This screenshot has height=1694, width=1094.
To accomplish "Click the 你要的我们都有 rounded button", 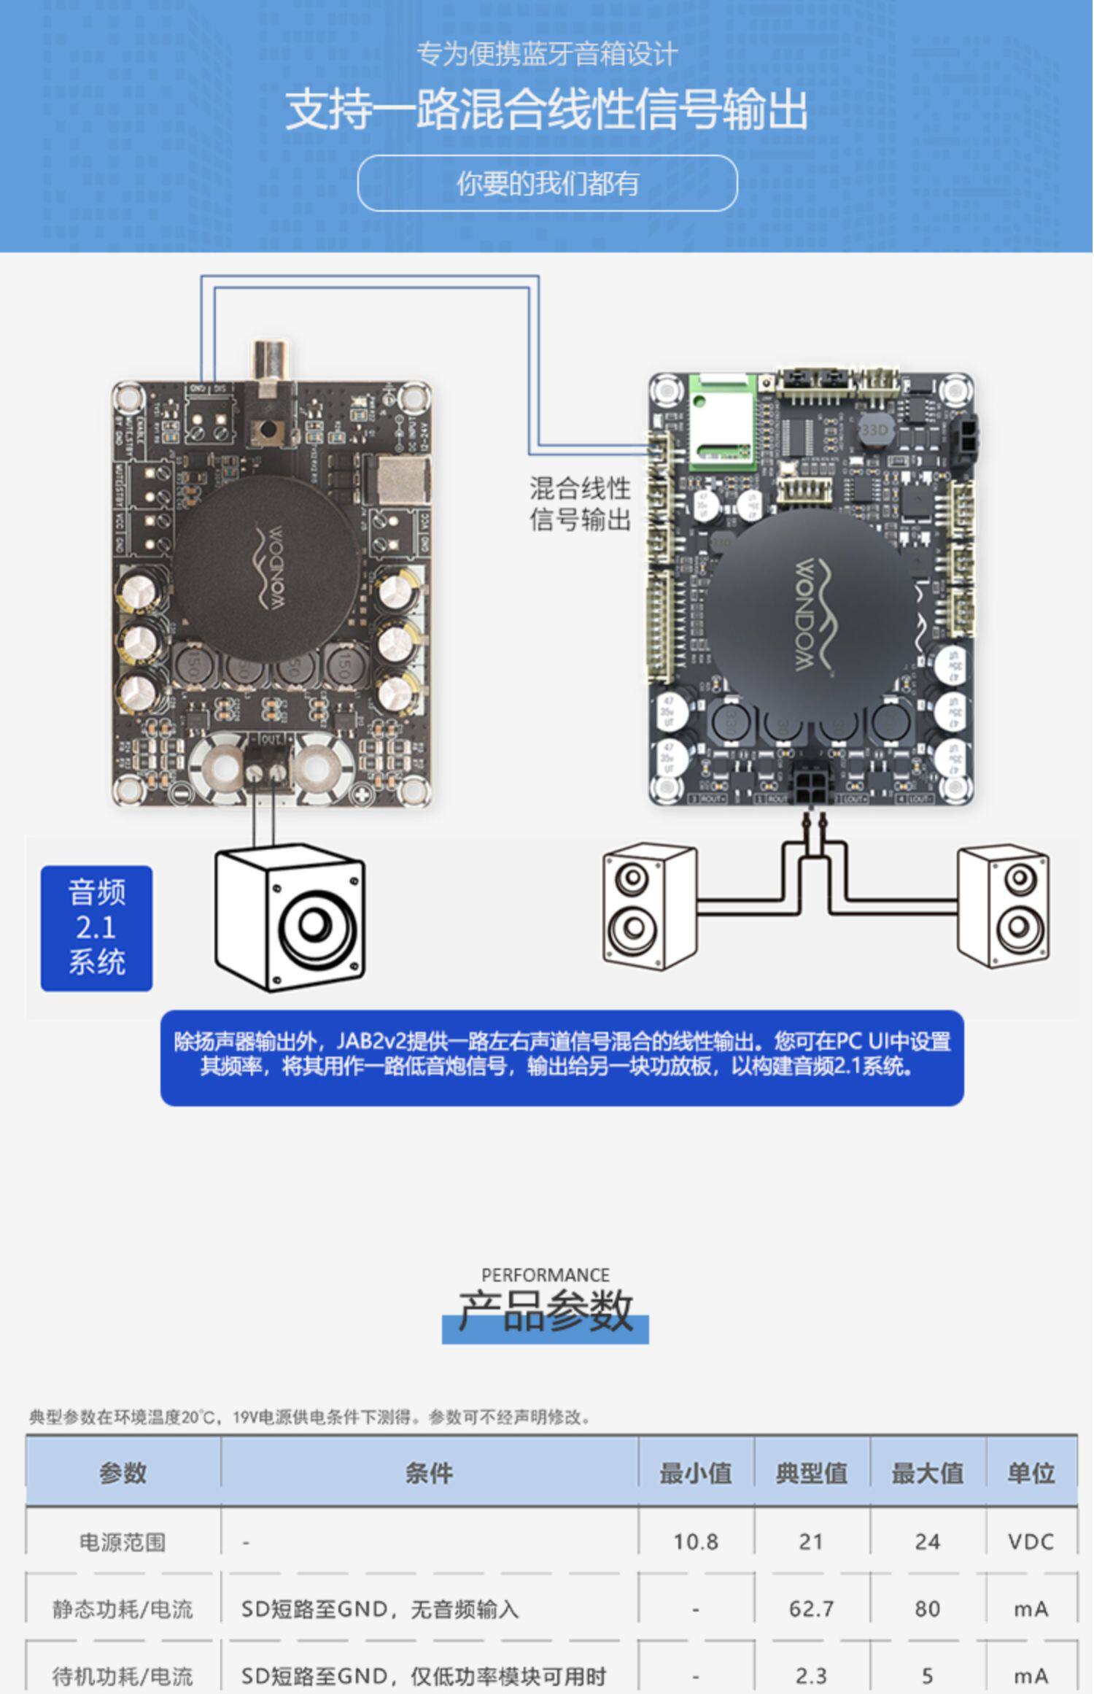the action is point(547,183).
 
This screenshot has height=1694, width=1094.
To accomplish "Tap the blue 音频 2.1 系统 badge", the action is point(96,928).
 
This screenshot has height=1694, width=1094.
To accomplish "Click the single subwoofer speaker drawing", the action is point(290,918).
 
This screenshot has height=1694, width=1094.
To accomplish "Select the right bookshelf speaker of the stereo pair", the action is point(1004,907).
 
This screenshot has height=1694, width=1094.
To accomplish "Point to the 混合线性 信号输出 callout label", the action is point(580,503).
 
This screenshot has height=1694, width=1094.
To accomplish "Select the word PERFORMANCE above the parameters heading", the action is point(546,1275).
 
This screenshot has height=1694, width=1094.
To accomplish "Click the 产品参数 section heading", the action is point(546,1311).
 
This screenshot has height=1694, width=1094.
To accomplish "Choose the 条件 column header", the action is point(429,1472).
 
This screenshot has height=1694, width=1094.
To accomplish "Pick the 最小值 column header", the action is point(695,1472).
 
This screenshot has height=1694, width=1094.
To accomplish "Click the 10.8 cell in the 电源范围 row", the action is point(695,1542).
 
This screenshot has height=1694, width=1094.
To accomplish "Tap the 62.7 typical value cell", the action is point(811,1609).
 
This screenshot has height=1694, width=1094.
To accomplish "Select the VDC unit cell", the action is point(1030,1542).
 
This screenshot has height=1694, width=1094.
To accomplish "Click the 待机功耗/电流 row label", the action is point(123,1676).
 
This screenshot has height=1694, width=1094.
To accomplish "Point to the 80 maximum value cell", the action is point(927,1609).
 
